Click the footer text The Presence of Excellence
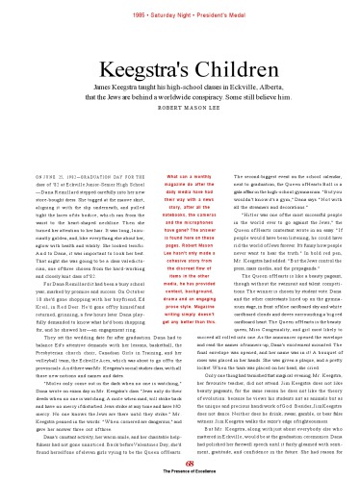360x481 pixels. tap(180, 472)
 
